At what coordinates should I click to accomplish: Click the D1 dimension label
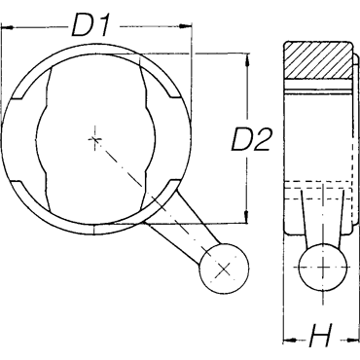[x=90, y=24]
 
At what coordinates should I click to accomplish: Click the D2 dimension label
[x=250, y=139]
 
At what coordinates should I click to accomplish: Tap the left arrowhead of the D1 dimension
[x=7, y=28]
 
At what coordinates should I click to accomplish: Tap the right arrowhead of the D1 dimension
[x=186, y=26]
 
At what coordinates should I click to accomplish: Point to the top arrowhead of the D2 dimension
[x=247, y=59]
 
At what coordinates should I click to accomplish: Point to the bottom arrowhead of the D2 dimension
[x=246, y=216]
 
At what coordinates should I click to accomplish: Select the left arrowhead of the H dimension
[x=290, y=341]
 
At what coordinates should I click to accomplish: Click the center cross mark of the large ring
[x=94, y=140]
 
